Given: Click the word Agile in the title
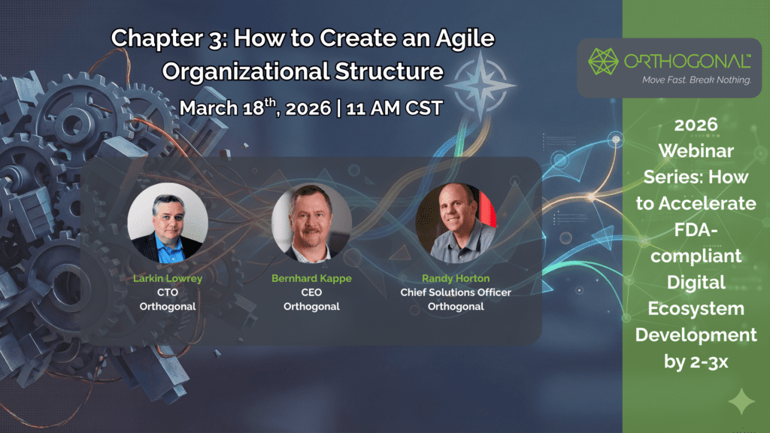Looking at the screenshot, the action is (465, 39).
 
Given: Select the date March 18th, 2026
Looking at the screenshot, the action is (256, 107).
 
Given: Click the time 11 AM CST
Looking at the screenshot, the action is (394, 108).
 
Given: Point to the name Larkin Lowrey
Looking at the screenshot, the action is (168, 278).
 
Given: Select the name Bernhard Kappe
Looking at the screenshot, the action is (311, 278).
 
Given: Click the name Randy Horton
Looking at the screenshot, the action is (456, 278).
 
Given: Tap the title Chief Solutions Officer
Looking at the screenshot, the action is (456, 292).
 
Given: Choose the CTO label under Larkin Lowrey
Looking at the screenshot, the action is (168, 292).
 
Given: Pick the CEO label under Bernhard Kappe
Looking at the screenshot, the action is (311, 292).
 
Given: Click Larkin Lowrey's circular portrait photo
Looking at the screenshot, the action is (168, 223).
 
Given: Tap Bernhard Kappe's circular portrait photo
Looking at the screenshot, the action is (311, 223).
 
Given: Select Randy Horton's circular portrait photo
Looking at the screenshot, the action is (456, 223).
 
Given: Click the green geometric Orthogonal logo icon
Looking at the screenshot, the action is (603, 62).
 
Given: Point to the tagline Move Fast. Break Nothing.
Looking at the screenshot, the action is (697, 80).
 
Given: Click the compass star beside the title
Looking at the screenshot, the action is (480, 85).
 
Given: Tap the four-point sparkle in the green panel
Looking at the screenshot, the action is (741, 401).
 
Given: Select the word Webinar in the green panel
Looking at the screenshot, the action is (696, 150).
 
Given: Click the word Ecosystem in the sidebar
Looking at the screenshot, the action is (696, 309).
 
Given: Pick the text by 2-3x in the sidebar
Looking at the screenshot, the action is (696, 362).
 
